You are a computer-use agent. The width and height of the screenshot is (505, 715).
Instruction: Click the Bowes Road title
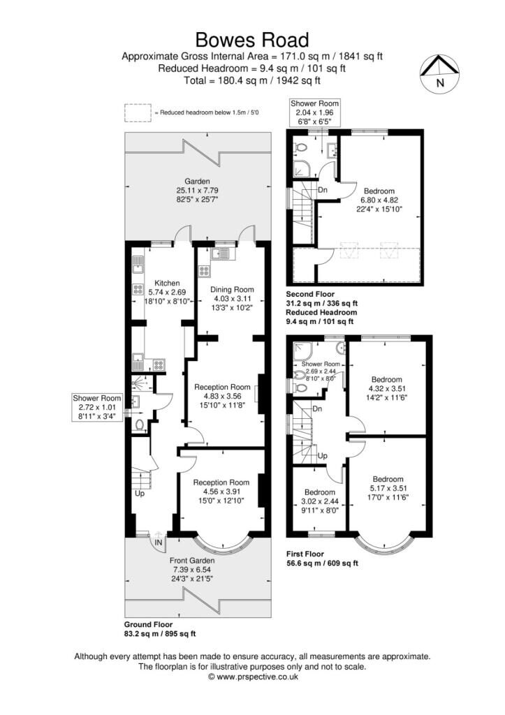coord(252,40)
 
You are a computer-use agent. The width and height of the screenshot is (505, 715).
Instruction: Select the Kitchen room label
coord(167,283)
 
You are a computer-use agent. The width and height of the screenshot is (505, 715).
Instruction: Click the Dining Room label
coord(232,290)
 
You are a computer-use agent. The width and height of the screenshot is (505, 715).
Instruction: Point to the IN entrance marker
coord(159,543)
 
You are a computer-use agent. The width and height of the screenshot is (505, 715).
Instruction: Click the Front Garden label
coord(192,561)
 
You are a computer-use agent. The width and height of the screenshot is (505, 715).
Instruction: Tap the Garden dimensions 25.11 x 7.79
coord(198,190)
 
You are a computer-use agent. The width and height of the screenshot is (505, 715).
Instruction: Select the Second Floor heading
coord(310,294)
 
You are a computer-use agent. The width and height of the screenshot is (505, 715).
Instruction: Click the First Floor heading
coord(305,554)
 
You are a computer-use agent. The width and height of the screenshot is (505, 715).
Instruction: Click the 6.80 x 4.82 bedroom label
coord(379,200)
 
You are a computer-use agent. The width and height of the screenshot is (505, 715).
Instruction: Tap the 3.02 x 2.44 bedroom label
coord(320,501)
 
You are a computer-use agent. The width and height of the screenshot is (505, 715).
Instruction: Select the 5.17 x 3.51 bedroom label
coord(388,488)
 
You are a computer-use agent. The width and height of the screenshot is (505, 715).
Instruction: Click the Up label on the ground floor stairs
coord(140,494)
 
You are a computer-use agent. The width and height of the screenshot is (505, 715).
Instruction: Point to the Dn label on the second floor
coord(323,190)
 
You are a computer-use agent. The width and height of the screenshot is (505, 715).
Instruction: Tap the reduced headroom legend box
coord(138,112)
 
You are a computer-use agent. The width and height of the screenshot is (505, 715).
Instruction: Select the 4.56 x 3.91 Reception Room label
coord(221,491)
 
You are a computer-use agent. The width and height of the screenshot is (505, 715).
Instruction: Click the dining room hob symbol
coord(204,271)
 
